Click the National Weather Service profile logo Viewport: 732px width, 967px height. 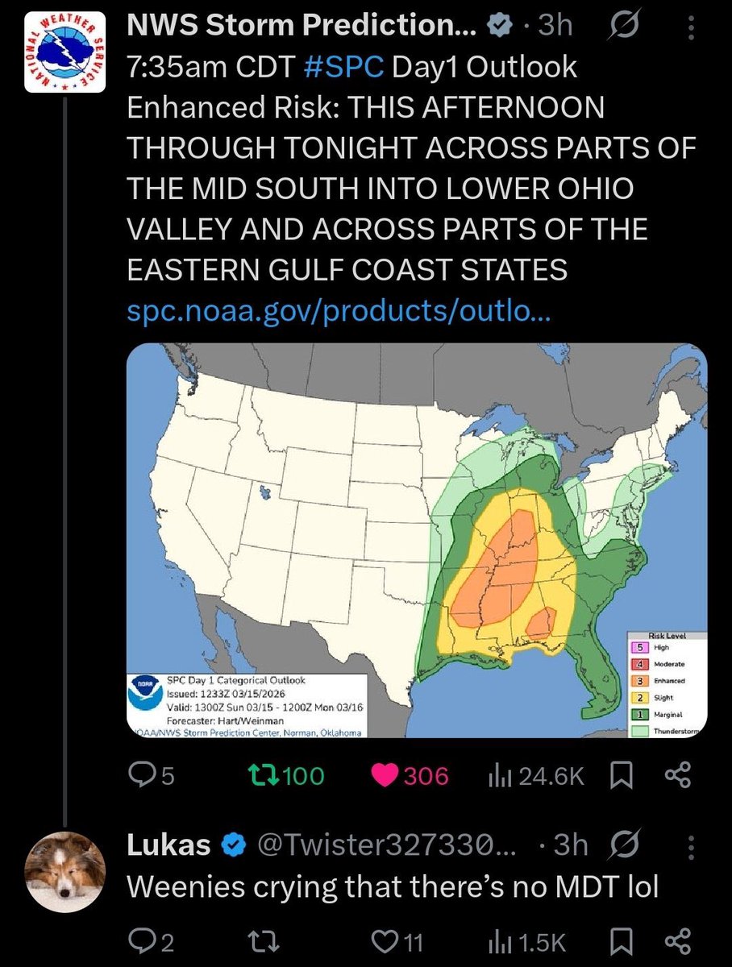65,52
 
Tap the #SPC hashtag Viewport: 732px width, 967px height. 344,68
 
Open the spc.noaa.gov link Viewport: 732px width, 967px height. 339,312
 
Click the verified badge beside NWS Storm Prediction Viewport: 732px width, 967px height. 501,26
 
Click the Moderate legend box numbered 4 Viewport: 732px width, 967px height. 639,664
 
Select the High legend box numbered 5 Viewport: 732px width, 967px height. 639,647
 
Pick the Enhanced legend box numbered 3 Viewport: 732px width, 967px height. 639,681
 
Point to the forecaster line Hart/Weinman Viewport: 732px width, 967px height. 225,720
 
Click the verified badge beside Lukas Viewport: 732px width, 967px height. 234,845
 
